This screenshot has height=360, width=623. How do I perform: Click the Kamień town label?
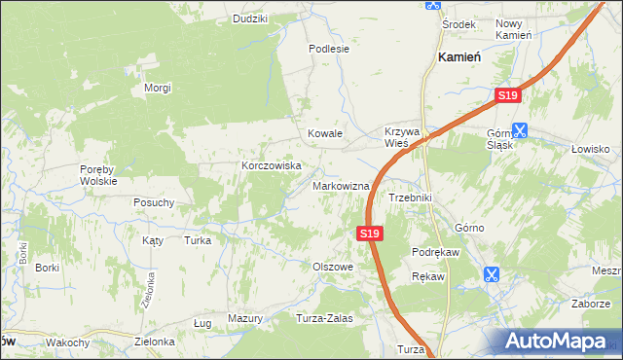tap(460, 58)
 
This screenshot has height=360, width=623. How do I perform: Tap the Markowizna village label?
tap(341, 186)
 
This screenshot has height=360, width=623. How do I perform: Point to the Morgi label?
tap(158, 89)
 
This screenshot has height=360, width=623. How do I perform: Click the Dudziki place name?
tap(250, 18)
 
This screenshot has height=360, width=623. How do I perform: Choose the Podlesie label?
tap(328, 48)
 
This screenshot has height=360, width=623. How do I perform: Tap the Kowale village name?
tap(325, 133)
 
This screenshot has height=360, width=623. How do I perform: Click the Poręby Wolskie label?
tap(98, 174)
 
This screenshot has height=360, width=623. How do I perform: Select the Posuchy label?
tap(154, 203)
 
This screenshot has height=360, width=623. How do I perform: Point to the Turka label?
tap(198, 239)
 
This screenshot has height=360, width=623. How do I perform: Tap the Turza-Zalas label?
tap(323, 318)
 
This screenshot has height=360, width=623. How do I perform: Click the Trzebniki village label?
tap(410, 198)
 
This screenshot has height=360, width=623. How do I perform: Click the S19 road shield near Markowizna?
tap(368, 234)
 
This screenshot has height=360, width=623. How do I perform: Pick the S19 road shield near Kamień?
tap(508, 96)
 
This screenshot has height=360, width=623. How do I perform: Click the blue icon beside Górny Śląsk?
tap(520, 129)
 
